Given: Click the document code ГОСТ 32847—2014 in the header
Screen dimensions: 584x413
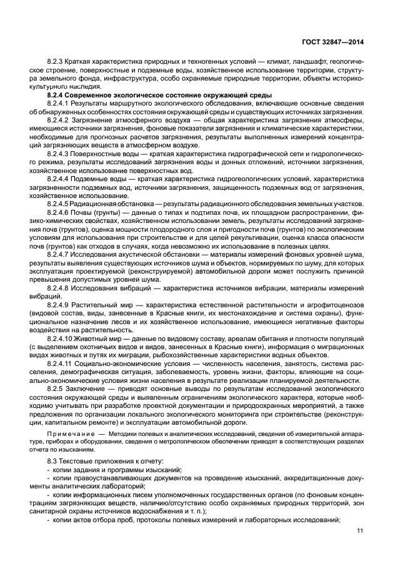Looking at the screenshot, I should pyautogui.click(x=331, y=42).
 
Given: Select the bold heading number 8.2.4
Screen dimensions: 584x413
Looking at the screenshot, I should pyautogui.click(x=56, y=94).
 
